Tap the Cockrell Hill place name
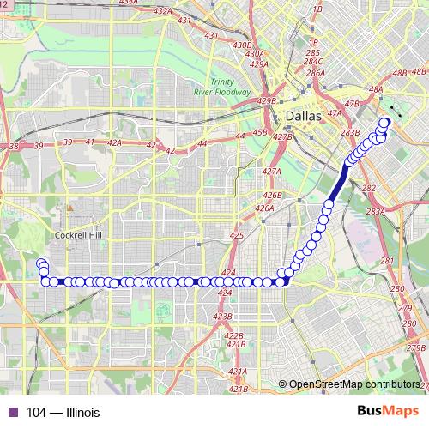pos(78,233)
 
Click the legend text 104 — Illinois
pos(63,413)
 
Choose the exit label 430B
pos(242,45)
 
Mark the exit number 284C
pos(313,63)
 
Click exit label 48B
pos(400,74)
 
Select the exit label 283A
pos(376,211)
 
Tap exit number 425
pos(238,234)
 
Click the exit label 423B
pos(222,317)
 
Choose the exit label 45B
pos(260,133)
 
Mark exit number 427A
pos(272,172)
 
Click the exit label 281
pos(386,261)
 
